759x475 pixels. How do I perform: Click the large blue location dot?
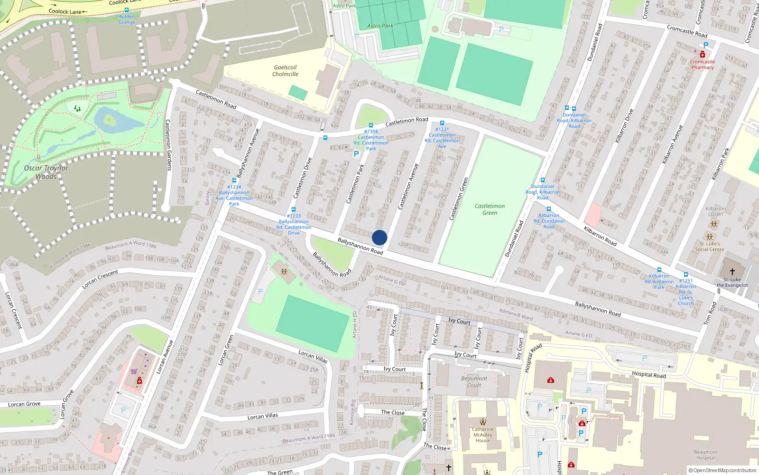(x=379, y=237)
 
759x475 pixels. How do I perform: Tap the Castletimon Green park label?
(x=490, y=209)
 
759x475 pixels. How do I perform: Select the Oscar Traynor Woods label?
(x=46, y=172)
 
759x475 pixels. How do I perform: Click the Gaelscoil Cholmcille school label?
(x=285, y=71)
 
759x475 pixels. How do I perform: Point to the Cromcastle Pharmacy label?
(x=703, y=65)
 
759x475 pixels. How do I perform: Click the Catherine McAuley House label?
(x=482, y=435)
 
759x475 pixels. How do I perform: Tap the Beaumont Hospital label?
(x=705, y=455)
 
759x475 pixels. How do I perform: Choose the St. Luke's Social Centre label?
(x=710, y=247)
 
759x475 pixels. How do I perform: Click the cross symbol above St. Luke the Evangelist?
(x=732, y=272)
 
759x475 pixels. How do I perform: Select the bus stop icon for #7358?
(x=371, y=126)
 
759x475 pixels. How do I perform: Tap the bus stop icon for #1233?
(x=294, y=209)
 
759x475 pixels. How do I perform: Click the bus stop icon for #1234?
(x=234, y=180)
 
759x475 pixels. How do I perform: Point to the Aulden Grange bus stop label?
(x=127, y=19)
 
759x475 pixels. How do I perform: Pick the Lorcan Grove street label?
(x=24, y=404)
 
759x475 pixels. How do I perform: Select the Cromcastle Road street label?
(x=687, y=31)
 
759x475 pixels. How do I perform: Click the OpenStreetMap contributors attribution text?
(x=722, y=470)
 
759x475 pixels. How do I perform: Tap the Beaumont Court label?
(x=474, y=382)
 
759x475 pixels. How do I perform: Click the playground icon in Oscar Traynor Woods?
(x=77, y=109)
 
